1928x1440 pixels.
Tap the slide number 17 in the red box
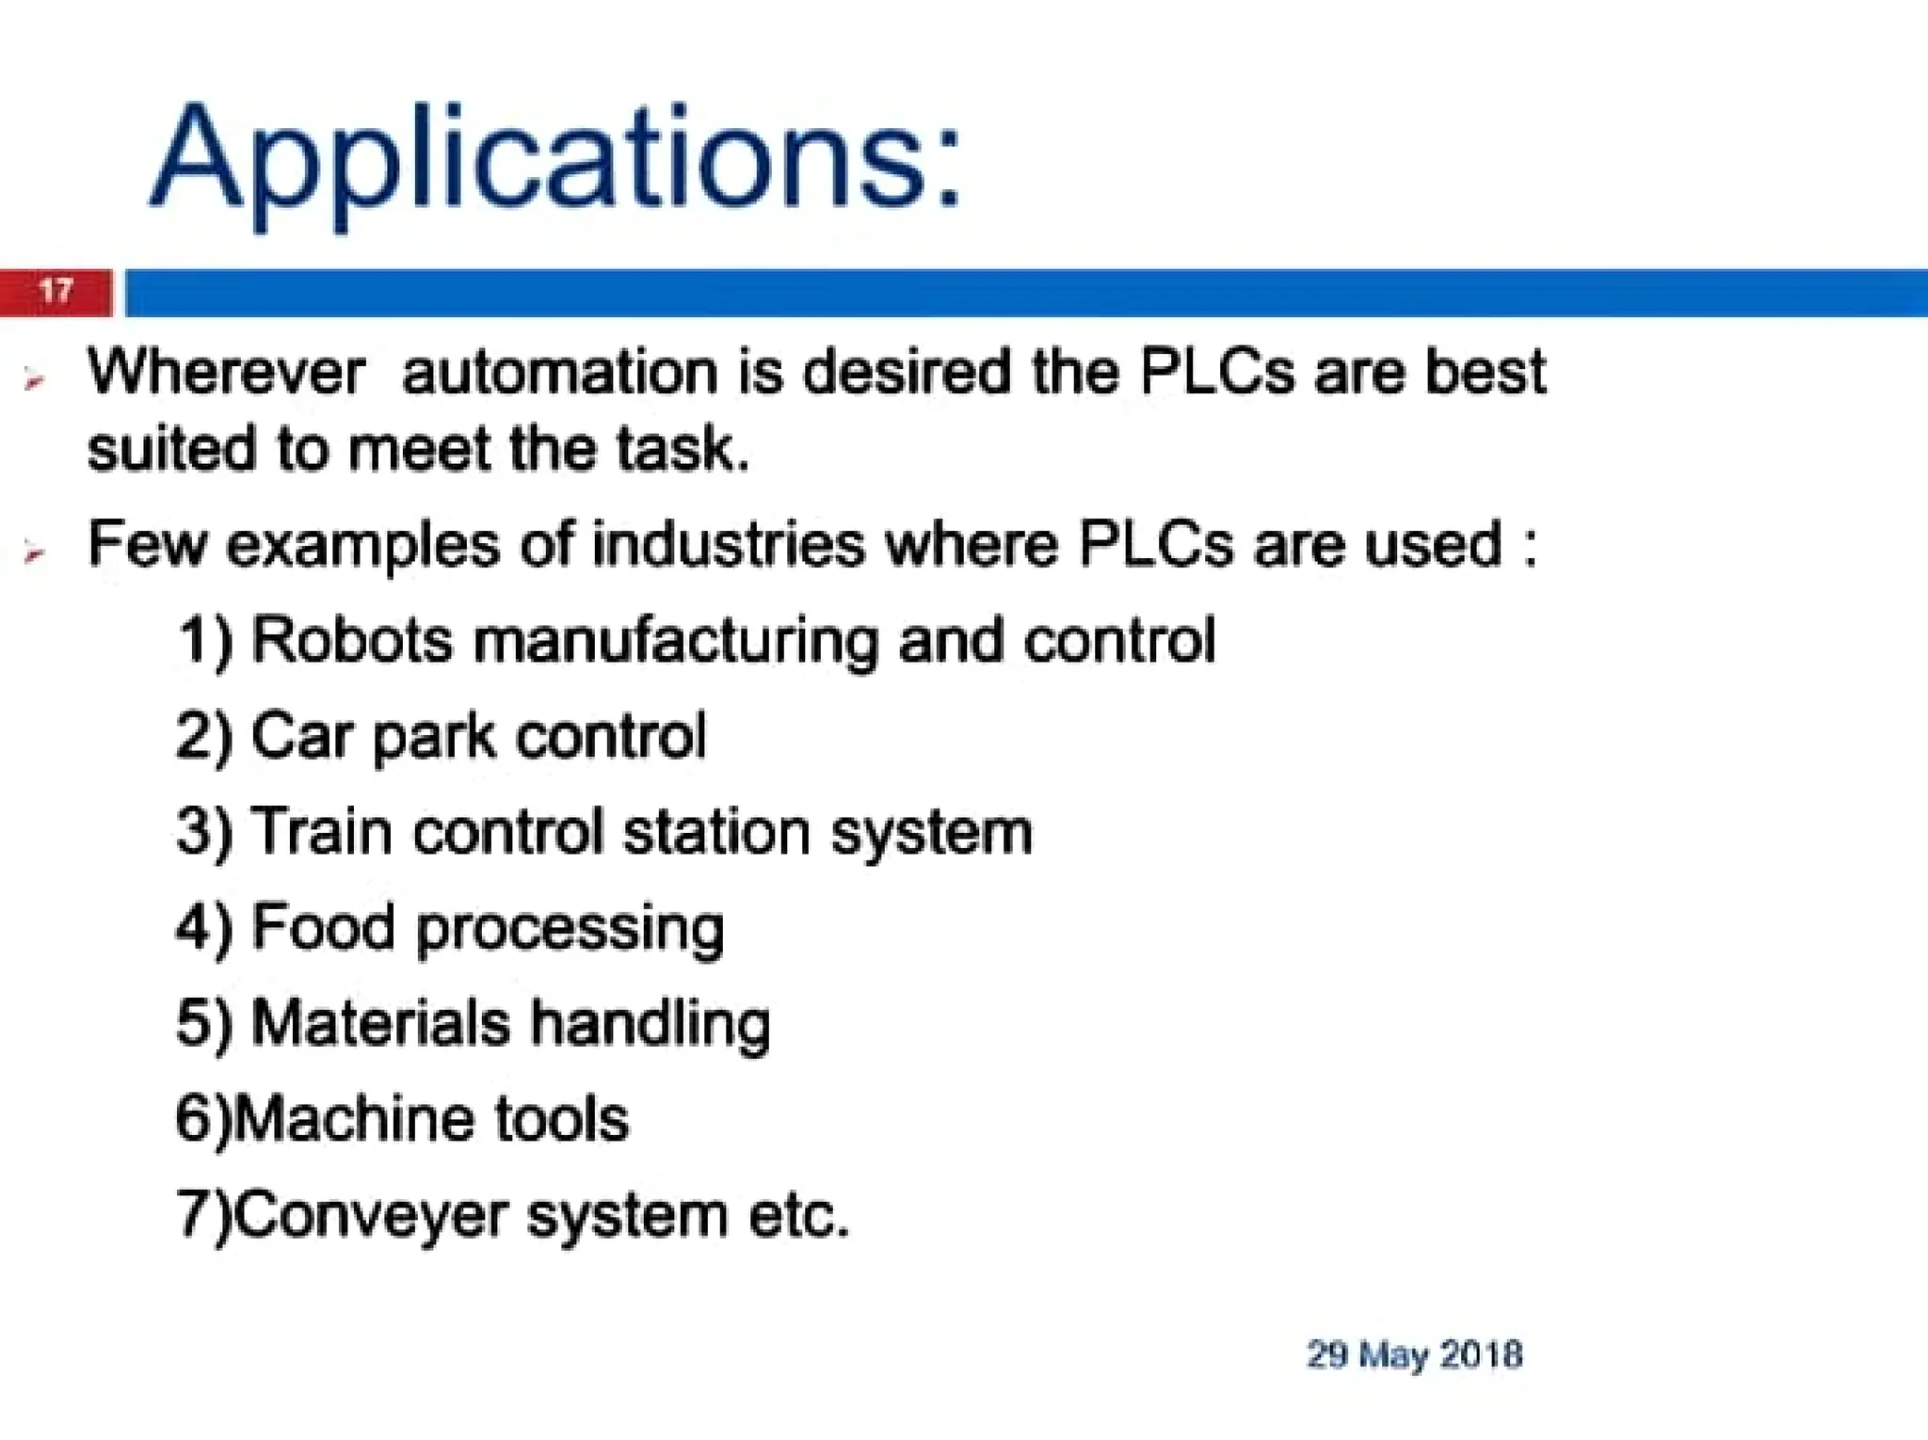click(56, 290)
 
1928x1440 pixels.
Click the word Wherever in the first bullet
click(226, 372)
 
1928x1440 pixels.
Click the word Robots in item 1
click(352, 640)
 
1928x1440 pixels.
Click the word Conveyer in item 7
click(371, 1216)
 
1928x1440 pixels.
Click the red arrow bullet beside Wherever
click(35, 380)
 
